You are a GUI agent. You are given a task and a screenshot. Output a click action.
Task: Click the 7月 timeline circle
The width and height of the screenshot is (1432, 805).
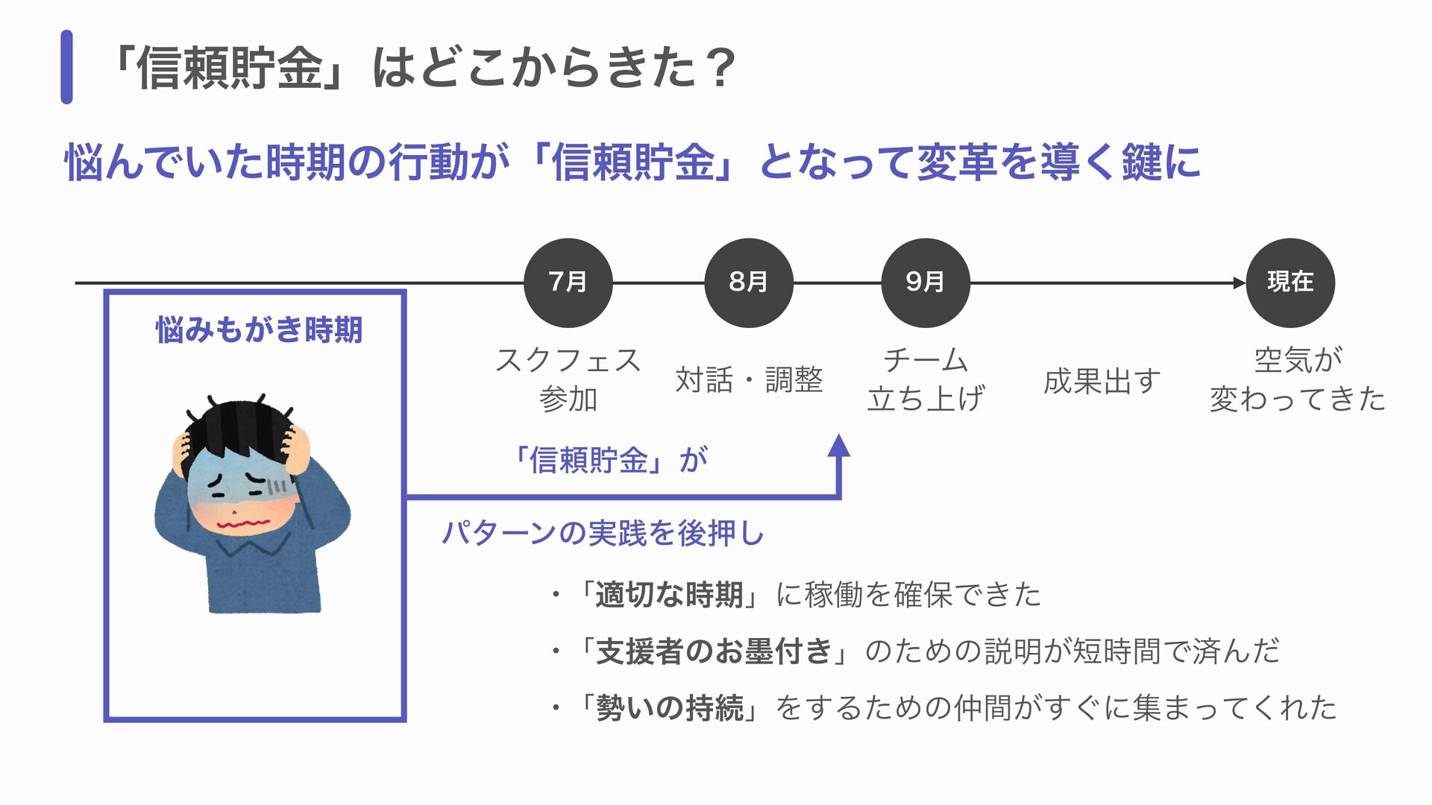pos(568,282)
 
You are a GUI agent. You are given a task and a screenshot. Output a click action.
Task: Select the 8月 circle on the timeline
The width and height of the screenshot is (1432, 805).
pos(748,282)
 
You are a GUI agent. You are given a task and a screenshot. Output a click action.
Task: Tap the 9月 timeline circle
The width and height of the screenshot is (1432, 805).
pos(925,282)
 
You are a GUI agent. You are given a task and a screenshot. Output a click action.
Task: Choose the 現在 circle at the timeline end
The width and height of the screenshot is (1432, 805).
pos(1290,282)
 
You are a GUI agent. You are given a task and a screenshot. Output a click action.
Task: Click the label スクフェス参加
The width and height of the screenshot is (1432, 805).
pos(568,379)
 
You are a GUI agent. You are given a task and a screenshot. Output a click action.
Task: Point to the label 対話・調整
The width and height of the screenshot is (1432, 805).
pos(749,380)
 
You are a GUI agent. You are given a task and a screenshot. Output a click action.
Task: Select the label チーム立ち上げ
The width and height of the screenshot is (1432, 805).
pos(926,379)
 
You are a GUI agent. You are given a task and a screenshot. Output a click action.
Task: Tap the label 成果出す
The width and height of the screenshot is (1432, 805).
pos(1102,382)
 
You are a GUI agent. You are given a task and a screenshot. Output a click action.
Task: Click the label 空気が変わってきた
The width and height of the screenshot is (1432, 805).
pos(1297,379)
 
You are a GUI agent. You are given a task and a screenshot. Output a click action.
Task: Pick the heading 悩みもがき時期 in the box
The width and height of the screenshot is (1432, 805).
pos(259,329)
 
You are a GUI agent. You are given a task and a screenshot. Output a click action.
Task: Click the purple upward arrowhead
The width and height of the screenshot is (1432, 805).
pos(839,446)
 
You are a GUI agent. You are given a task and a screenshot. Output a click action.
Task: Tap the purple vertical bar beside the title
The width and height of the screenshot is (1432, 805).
pos(66,67)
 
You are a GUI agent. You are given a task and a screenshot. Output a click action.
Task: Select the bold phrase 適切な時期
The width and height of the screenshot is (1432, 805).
pos(668,595)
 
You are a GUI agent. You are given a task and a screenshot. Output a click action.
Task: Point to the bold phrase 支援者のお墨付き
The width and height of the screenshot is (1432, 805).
pos(713,651)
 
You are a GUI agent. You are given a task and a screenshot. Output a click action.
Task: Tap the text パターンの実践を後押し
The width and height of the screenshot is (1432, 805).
pos(603,534)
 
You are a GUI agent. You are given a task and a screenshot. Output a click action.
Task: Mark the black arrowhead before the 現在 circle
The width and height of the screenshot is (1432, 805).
pos(1240,282)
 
